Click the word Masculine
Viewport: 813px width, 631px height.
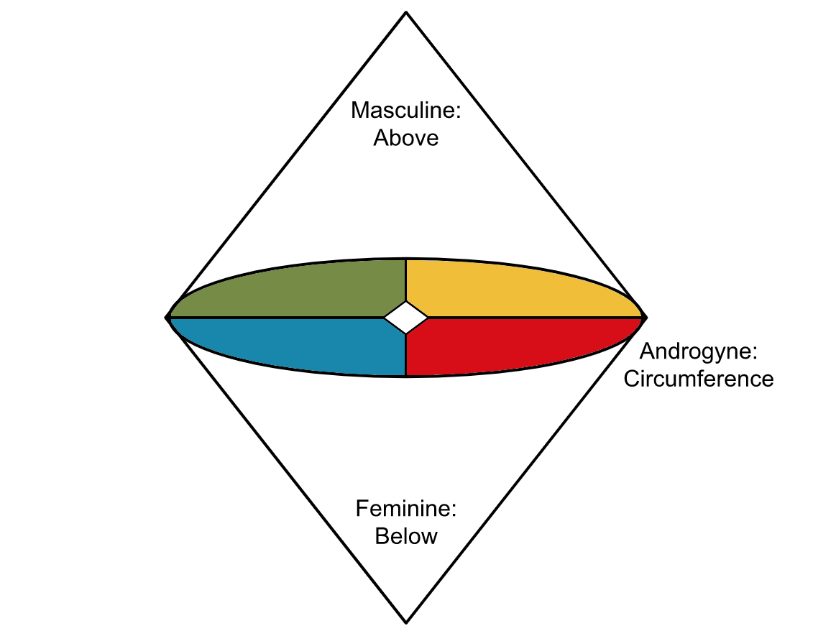point(403,111)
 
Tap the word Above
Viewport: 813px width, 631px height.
point(406,137)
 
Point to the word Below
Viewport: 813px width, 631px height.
point(406,536)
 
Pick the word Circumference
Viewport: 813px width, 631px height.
point(698,379)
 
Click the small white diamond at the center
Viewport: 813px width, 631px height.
point(406,317)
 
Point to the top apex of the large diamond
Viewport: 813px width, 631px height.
point(406,12)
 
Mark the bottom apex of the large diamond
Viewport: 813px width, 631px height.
point(406,622)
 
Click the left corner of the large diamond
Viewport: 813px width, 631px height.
point(167,317)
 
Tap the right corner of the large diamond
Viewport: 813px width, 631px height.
point(646,317)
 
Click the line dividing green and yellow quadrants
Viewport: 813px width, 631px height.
point(406,280)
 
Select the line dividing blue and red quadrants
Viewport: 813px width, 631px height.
point(406,356)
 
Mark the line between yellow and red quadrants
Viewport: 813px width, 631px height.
point(532,317)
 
